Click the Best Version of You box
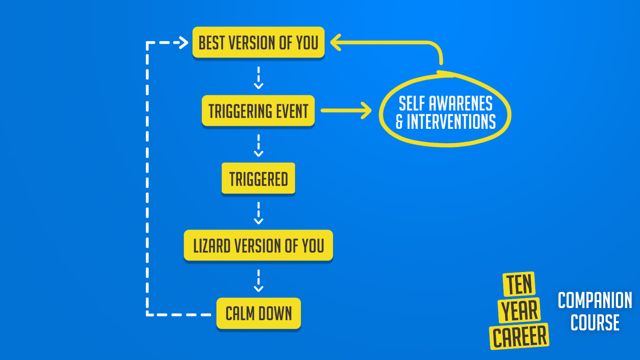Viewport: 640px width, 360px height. pos(258,42)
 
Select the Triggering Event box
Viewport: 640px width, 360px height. pos(258,110)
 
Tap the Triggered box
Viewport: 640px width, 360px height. pos(258,178)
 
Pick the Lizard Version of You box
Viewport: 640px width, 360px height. pos(258,246)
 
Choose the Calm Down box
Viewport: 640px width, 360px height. pos(258,314)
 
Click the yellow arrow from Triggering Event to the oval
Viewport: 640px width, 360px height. pos(346,110)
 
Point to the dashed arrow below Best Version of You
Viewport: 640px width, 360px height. pos(258,78)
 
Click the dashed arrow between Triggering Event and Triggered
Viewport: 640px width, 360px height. pos(258,146)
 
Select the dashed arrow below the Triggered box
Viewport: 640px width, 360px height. pos(258,213)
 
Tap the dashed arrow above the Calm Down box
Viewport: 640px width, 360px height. pos(258,280)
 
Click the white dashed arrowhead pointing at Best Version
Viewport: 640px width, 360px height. pos(184,42)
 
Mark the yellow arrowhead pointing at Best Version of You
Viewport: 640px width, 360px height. pos(336,42)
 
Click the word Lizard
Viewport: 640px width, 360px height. pos(212,246)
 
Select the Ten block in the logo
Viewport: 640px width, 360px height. pos(519,284)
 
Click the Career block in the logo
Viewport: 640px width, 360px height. pos(519,336)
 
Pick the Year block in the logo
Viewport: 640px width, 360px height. pos(519,310)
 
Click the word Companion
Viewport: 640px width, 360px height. pos(595,300)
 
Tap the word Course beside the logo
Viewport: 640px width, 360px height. pos(595,322)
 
